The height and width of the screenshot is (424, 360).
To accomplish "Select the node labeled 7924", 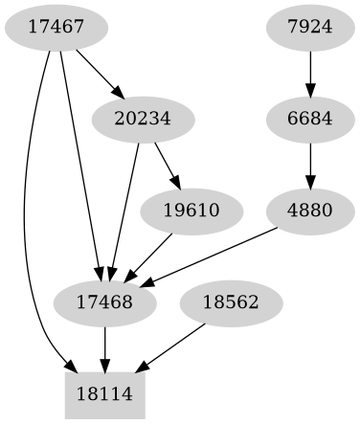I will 309,29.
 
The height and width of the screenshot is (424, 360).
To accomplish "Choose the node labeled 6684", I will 309,121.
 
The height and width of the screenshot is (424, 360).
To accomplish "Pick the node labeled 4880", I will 309,212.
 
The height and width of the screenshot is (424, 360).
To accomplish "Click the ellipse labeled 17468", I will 104,303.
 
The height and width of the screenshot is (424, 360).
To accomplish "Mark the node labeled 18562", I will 230,303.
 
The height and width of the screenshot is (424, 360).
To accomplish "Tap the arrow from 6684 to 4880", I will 309,166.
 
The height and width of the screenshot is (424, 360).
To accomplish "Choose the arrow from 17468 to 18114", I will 104,348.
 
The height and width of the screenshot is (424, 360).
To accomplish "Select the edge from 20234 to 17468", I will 124,212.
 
